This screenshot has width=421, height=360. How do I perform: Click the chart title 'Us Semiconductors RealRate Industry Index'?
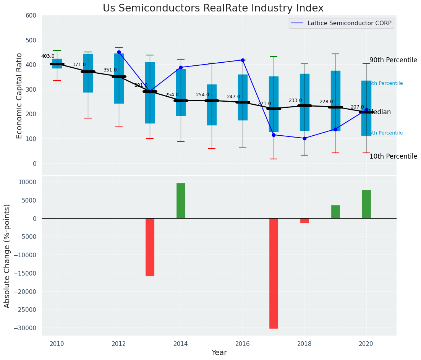[x=213, y=8]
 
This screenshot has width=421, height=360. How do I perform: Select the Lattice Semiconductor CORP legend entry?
[x=341, y=23]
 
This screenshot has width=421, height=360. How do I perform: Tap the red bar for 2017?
[x=274, y=273]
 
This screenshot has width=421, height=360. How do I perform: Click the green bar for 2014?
[x=181, y=201]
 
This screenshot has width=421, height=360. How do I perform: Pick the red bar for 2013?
[x=150, y=247]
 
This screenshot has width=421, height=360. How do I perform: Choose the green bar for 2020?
[x=366, y=204]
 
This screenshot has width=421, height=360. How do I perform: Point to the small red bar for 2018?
[x=304, y=221]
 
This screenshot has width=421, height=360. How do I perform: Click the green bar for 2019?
[x=335, y=212]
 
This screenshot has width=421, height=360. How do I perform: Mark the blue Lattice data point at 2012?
[x=119, y=52]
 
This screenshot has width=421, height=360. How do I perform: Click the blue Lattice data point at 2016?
[x=243, y=60]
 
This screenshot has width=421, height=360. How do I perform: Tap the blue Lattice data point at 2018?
[x=304, y=138]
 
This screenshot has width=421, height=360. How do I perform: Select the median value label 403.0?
[x=48, y=56]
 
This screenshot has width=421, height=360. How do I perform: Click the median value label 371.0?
[x=79, y=65]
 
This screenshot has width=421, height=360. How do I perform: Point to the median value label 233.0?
[x=295, y=101]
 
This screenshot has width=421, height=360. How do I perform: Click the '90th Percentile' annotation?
[x=393, y=60]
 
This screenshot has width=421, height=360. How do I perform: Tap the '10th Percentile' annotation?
[x=393, y=157]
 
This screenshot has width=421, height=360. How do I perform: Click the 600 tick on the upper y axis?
[x=31, y=15]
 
